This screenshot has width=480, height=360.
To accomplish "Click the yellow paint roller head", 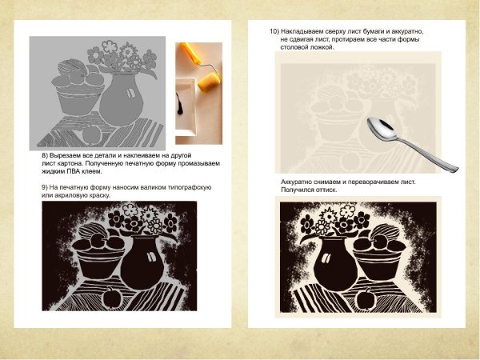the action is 209,82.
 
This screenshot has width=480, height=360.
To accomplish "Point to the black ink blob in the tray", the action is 179,104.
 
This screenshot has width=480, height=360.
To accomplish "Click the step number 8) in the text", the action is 45,155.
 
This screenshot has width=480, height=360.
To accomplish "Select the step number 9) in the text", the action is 45,187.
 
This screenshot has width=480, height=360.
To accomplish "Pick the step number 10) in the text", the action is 274,31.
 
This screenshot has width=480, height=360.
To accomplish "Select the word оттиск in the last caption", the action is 328,190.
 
